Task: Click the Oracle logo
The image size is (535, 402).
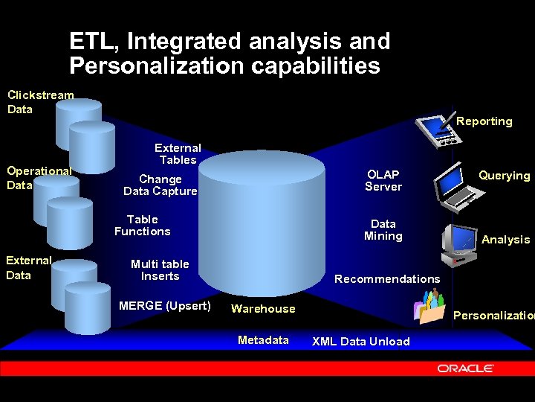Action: pyautogui.click(x=466, y=368)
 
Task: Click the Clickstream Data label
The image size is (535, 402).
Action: pyautogui.click(x=40, y=102)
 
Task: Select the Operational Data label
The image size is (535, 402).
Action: pyautogui.click(x=39, y=178)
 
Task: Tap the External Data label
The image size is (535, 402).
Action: pyautogui.click(x=28, y=268)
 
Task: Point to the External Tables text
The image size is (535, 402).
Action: pyautogui.click(x=178, y=154)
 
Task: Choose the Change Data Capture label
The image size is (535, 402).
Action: pyautogui.click(x=160, y=185)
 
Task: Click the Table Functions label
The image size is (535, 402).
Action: pyautogui.click(x=143, y=226)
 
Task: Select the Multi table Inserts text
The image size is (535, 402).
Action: pyautogui.click(x=160, y=270)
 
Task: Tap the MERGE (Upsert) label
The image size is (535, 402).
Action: pyautogui.click(x=165, y=306)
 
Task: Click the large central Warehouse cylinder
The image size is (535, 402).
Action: pyautogui.click(x=263, y=223)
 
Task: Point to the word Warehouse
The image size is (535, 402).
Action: pyautogui.click(x=263, y=309)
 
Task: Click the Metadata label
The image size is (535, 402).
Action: pyautogui.click(x=263, y=340)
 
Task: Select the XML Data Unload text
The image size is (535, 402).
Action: pyautogui.click(x=360, y=342)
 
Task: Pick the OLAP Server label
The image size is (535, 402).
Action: pyautogui.click(x=383, y=181)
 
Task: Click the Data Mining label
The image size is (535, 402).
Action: pyautogui.click(x=383, y=230)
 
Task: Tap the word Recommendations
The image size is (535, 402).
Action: pyautogui.click(x=387, y=279)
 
